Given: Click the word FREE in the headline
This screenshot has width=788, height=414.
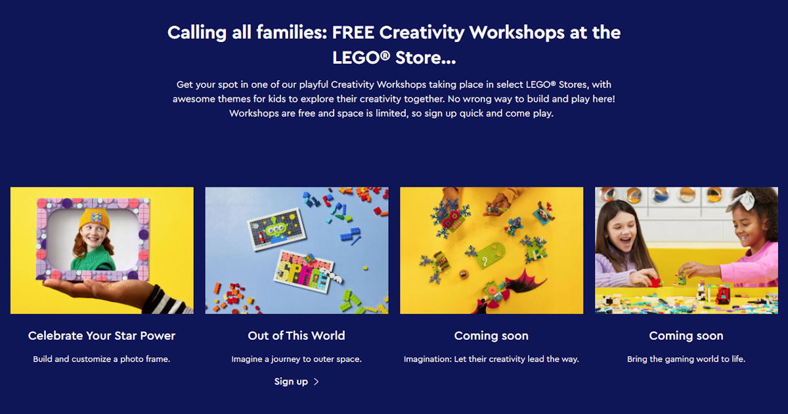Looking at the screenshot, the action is [353, 32].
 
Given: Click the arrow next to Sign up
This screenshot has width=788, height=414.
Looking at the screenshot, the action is [317, 382].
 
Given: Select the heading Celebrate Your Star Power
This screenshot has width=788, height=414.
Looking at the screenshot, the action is [102, 336].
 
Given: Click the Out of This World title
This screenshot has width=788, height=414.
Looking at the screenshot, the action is [297, 336].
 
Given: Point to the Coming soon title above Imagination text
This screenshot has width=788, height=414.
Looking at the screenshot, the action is [491, 336].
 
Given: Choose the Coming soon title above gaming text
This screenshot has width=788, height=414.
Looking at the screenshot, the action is [686, 336].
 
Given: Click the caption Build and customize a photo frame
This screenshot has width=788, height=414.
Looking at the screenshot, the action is [102, 359].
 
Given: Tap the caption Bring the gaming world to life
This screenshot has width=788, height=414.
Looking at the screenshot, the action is [686, 359].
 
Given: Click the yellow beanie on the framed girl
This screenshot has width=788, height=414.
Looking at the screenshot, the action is [95, 219].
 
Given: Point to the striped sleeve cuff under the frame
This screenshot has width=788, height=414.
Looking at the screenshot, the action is [165, 302].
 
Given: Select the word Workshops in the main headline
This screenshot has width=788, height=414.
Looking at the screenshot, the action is [517, 33].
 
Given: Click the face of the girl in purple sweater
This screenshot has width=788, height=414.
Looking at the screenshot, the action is [623, 235].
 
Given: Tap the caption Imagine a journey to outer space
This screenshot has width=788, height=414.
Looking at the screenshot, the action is [297, 359].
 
